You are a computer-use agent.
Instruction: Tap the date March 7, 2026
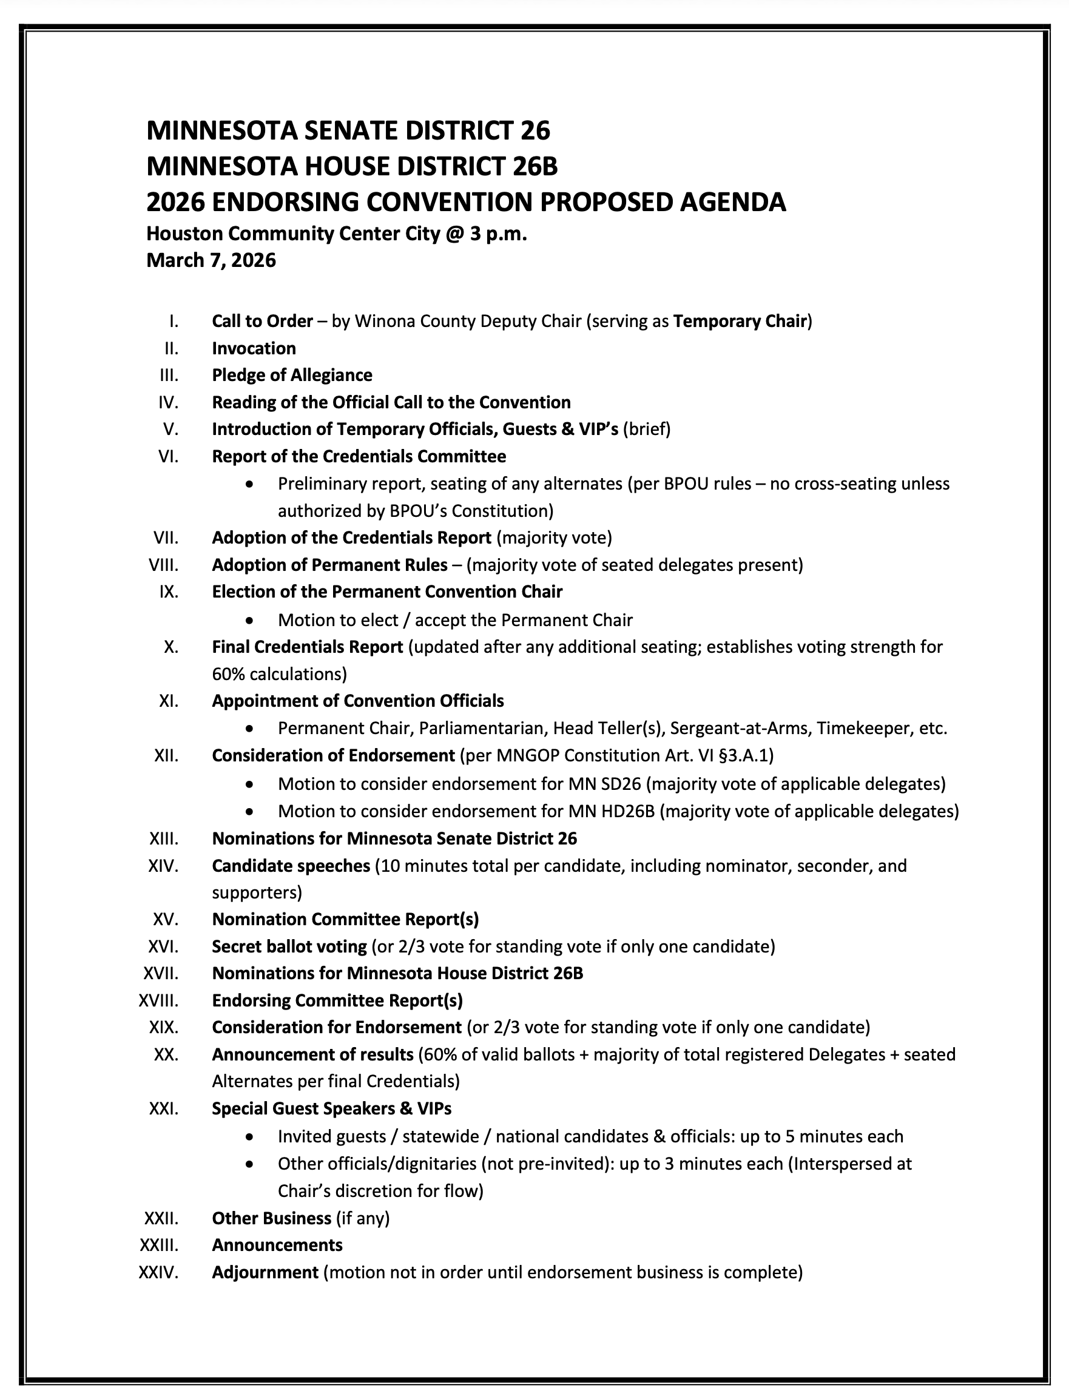[x=211, y=260]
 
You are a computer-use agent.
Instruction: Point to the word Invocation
[x=254, y=348]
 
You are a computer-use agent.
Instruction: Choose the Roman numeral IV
[x=169, y=402]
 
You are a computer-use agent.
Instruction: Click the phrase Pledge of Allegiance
[x=292, y=375]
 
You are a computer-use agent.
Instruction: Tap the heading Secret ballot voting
[x=289, y=946]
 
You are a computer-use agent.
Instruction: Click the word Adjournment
[x=265, y=1272]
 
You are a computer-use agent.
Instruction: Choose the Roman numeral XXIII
[x=159, y=1245]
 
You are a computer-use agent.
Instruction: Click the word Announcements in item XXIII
[x=277, y=1245]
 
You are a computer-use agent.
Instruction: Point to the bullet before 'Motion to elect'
[x=250, y=620]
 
